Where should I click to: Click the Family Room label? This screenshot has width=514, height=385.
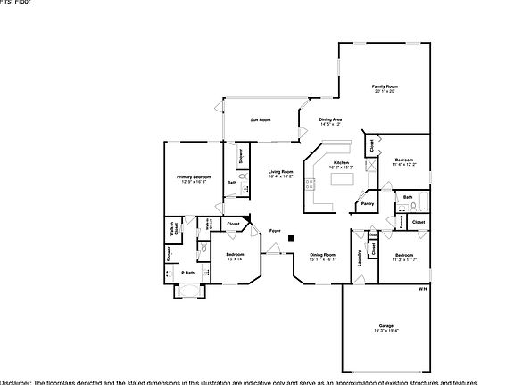[x=384, y=86]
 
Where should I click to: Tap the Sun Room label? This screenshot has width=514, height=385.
[x=260, y=119]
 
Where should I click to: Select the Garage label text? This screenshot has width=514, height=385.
[x=385, y=325]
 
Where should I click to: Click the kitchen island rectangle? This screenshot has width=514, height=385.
[x=343, y=179]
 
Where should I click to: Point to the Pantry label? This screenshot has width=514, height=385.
[x=367, y=204]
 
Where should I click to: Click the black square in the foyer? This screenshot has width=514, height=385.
[x=291, y=238]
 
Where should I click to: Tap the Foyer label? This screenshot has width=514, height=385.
[x=275, y=230]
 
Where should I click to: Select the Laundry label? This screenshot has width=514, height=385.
[x=360, y=257]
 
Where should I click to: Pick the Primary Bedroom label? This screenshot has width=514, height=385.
[x=194, y=177]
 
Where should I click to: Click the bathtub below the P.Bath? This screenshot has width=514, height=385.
[x=190, y=290]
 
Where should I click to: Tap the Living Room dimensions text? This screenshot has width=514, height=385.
[x=281, y=176]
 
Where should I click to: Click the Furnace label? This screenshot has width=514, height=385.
[x=402, y=220]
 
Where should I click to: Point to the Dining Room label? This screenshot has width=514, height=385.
[x=322, y=255]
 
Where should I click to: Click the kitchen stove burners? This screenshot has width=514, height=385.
[x=310, y=186]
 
